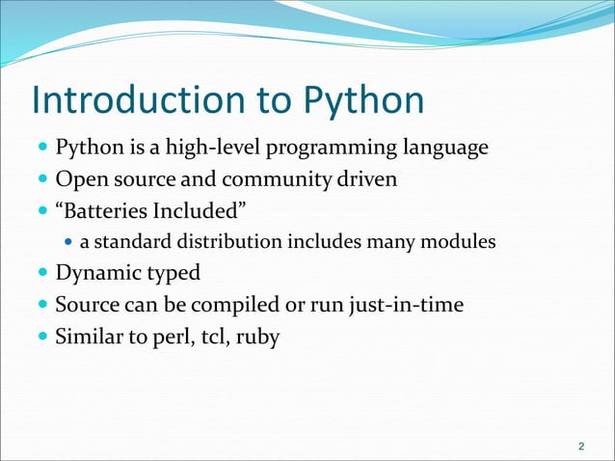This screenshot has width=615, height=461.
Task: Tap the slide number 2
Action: (580, 447)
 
